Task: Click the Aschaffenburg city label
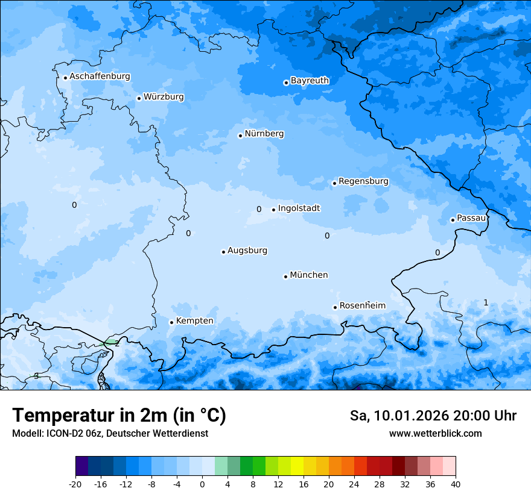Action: (x=100, y=77)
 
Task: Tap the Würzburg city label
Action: (x=164, y=97)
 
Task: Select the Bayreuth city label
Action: (x=310, y=81)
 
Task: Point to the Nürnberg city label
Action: (x=264, y=134)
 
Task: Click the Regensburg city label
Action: (x=363, y=181)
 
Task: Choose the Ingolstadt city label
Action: (x=299, y=208)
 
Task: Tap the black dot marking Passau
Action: (x=453, y=220)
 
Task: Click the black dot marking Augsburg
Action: (x=223, y=252)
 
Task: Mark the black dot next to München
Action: (x=285, y=277)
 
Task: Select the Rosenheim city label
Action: (x=362, y=306)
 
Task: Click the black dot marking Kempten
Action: (x=171, y=322)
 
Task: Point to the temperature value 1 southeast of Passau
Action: (x=486, y=302)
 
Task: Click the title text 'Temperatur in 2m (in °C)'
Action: (x=119, y=416)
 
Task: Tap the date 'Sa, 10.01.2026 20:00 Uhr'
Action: (x=433, y=416)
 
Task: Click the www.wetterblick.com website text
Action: (x=435, y=434)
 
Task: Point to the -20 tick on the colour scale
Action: (x=75, y=484)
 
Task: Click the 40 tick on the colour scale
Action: (x=456, y=484)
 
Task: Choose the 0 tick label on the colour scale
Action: (x=202, y=484)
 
